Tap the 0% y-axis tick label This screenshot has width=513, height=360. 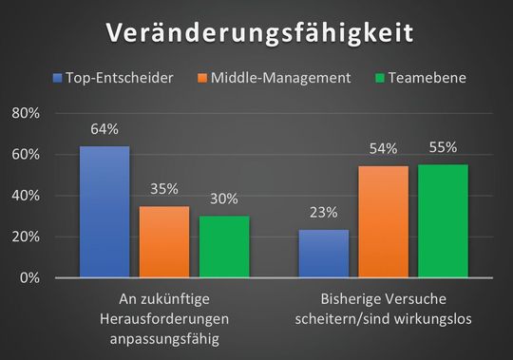click(28, 277)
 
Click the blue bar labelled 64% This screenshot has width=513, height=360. click(104, 212)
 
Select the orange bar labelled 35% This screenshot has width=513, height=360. click(164, 241)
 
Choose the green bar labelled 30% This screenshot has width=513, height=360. click(224, 247)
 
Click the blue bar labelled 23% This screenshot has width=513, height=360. click(324, 254)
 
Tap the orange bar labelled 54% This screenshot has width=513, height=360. click(384, 222)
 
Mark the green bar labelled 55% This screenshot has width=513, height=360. click(443, 221)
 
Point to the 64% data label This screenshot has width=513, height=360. click(104, 129)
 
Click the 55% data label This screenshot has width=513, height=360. click(443, 147)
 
